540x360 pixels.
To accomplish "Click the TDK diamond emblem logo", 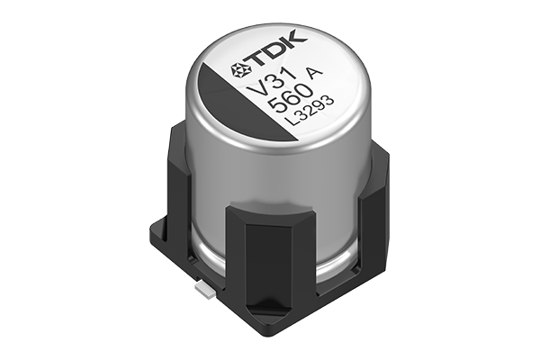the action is click(240, 69).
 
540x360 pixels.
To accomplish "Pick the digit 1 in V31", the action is click(291, 74).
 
